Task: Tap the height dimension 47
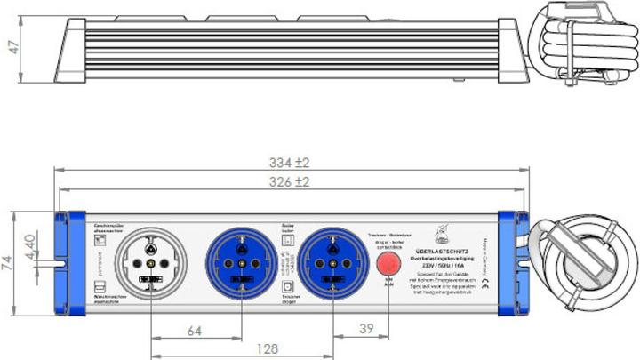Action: coord(13,47)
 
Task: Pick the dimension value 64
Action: coord(193,332)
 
